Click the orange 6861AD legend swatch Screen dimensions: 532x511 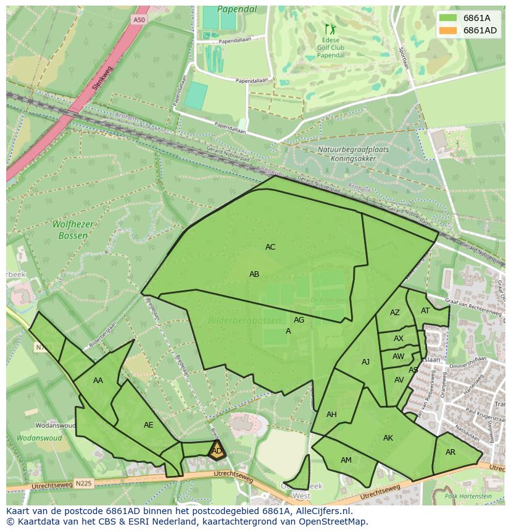[x=449, y=31]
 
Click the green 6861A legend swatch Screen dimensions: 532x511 [x=449, y=18]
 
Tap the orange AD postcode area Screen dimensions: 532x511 [x=217, y=451]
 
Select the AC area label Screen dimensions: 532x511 [x=270, y=247]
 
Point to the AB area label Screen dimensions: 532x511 [x=254, y=274]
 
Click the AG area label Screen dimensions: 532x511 [x=299, y=320]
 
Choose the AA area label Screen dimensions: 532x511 [x=98, y=381]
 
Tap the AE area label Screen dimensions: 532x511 [x=148, y=425]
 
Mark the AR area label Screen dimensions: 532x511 [x=451, y=452]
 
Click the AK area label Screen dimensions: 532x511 [x=388, y=438]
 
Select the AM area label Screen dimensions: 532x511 [x=346, y=460]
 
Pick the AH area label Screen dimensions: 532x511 [x=331, y=415]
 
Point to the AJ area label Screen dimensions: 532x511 [x=365, y=362]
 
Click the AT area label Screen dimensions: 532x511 [x=425, y=311]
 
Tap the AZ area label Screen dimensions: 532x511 [x=395, y=313]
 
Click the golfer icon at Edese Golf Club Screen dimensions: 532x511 [x=328, y=28]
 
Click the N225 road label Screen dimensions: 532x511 [x=83, y=483]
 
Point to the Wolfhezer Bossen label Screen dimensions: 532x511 [x=73, y=230]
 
